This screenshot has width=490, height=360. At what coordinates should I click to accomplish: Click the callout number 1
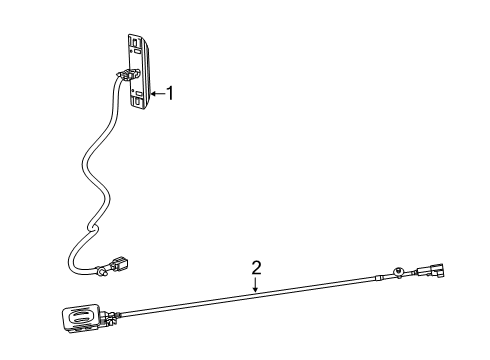click(x=171, y=93)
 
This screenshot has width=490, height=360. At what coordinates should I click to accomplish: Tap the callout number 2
click(x=256, y=267)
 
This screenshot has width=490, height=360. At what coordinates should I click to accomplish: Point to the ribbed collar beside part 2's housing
click(x=107, y=317)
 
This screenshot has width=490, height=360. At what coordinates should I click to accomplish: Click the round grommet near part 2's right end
click(x=400, y=272)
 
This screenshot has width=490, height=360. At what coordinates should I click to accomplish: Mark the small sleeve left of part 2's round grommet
click(x=379, y=277)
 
